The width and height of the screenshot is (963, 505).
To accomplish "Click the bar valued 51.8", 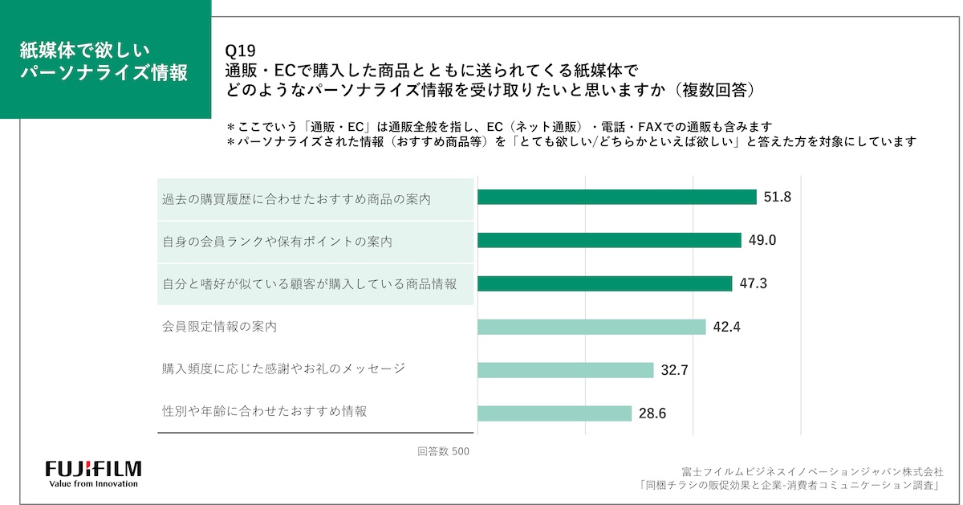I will click(x=616, y=197).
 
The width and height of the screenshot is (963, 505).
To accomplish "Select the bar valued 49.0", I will click(x=608, y=240).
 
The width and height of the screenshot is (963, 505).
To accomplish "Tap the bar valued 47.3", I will click(x=604, y=283).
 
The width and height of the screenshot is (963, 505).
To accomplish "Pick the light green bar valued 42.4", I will click(x=591, y=327).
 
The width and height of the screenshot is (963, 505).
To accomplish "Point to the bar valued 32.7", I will click(x=565, y=369).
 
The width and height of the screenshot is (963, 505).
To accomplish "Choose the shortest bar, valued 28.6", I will click(x=554, y=413).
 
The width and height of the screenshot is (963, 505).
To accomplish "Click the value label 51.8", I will click(x=778, y=197).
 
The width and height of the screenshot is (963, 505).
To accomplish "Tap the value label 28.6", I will click(x=652, y=413).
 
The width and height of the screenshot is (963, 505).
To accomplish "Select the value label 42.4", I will click(x=726, y=327).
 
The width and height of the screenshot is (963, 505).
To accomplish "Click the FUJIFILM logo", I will click(x=93, y=469).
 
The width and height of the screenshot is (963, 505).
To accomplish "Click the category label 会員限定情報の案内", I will click(x=219, y=327).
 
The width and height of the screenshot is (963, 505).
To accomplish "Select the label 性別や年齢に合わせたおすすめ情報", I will click(x=264, y=411).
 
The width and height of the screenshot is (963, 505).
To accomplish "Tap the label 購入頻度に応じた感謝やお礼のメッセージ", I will click(x=283, y=369).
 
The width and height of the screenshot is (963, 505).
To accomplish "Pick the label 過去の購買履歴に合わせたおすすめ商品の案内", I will click(x=296, y=198).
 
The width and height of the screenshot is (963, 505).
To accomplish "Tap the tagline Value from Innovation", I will click(x=93, y=484).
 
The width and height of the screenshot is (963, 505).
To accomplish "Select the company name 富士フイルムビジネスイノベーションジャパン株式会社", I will click(x=811, y=471).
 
